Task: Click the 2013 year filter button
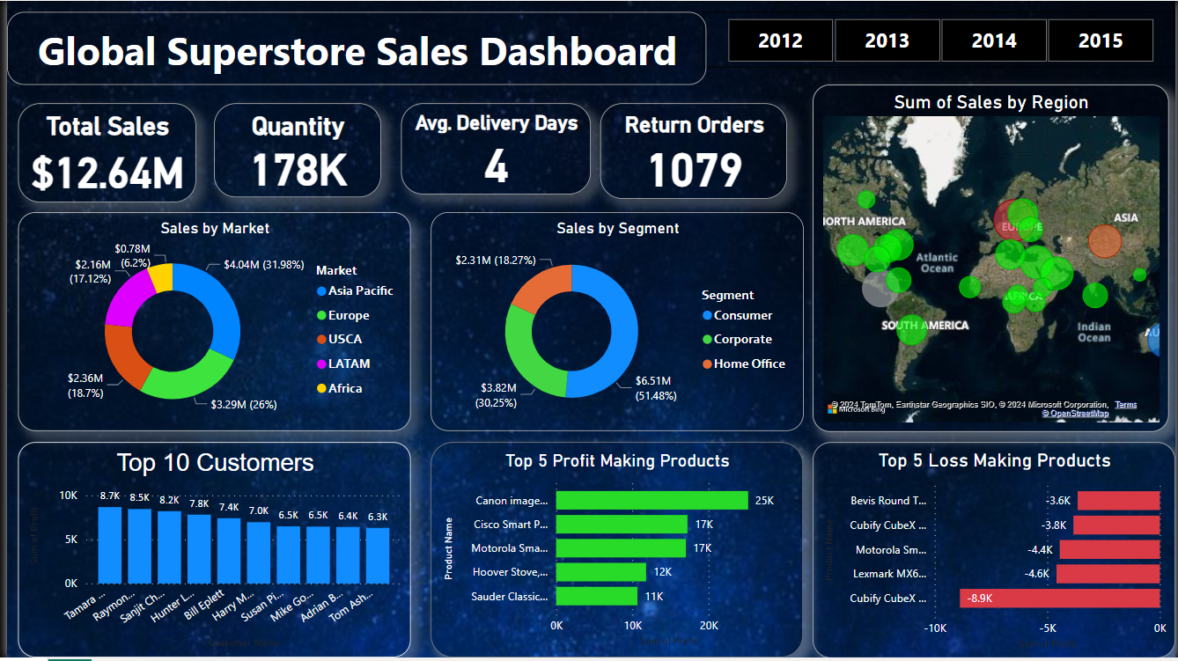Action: [887, 40]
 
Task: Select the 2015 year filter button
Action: [1100, 40]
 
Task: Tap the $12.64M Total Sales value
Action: [107, 173]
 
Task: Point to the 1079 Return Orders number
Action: [695, 171]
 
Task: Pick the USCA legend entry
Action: [344, 339]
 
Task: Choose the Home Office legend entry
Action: [748, 364]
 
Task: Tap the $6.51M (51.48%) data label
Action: [656, 388]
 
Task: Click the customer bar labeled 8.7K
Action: [110, 545]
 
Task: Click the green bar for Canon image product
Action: [652, 500]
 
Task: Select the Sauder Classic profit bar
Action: [597, 596]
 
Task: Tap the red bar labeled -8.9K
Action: [1059, 599]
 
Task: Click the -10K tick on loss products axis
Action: [935, 628]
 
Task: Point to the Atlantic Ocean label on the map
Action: [937, 262]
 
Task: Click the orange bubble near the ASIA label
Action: [1104, 241]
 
